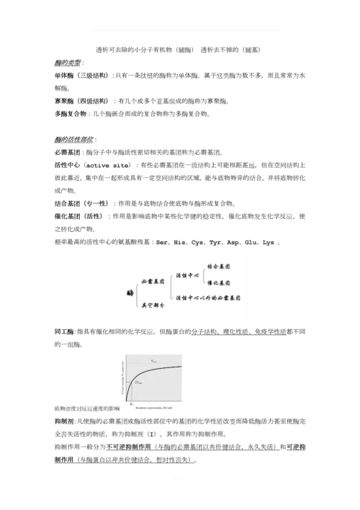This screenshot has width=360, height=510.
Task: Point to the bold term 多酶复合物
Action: coord(71,114)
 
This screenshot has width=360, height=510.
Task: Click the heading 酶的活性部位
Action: coord(74,139)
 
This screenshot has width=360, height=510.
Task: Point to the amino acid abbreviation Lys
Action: coord(269,241)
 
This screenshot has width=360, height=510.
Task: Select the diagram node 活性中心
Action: coord(189,275)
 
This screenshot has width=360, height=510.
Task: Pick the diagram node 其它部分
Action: coord(153,305)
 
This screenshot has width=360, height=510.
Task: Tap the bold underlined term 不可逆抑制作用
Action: coord(127,446)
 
